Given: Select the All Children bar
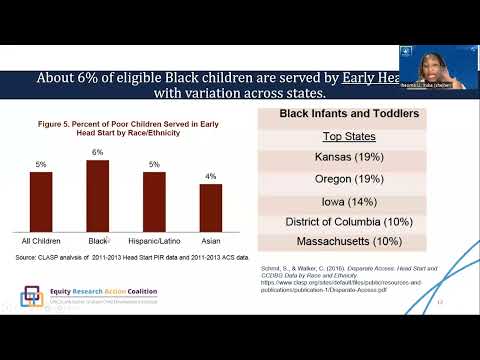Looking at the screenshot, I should coord(41,201).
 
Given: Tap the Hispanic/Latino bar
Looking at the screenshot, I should coord(154,201).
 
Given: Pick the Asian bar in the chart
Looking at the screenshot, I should coord(211,207).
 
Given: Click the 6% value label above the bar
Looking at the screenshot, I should coord(98,152).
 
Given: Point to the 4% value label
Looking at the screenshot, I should coord(211,176).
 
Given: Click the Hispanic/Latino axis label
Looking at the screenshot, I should coord(154,241).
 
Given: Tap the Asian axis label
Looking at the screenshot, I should coord(211,241).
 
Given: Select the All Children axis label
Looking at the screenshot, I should coord(41,241).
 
